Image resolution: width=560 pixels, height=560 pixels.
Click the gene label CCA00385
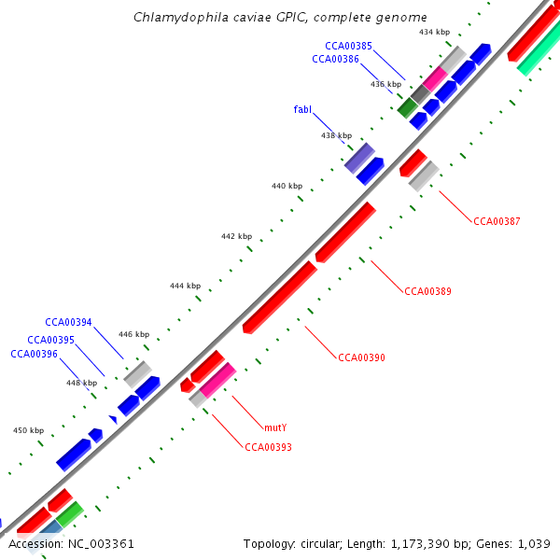tap(348, 46)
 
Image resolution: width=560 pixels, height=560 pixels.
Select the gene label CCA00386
tap(335, 59)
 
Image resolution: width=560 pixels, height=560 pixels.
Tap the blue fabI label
tap(302, 109)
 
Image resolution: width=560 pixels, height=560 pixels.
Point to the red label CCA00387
tap(497, 221)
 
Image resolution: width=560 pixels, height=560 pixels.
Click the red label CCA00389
tap(427, 291)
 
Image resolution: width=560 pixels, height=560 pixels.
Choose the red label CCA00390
tap(361, 357)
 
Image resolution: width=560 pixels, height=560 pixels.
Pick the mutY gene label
tap(275, 427)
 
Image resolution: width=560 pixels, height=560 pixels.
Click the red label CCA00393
tap(268, 447)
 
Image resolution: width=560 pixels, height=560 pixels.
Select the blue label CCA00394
tap(68, 322)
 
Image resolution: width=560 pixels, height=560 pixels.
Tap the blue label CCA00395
tap(50, 340)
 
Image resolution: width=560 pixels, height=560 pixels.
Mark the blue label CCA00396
tap(34, 354)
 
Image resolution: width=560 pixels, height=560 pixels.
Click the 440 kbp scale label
tap(287, 186)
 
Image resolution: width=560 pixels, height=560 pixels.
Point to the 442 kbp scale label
tap(236, 236)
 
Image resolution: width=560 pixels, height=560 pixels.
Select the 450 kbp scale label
tap(28, 430)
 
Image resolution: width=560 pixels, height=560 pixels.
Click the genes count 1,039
tap(536, 543)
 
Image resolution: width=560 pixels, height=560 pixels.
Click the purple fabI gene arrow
tap(359, 157)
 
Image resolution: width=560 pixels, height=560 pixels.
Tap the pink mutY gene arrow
tap(217, 379)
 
